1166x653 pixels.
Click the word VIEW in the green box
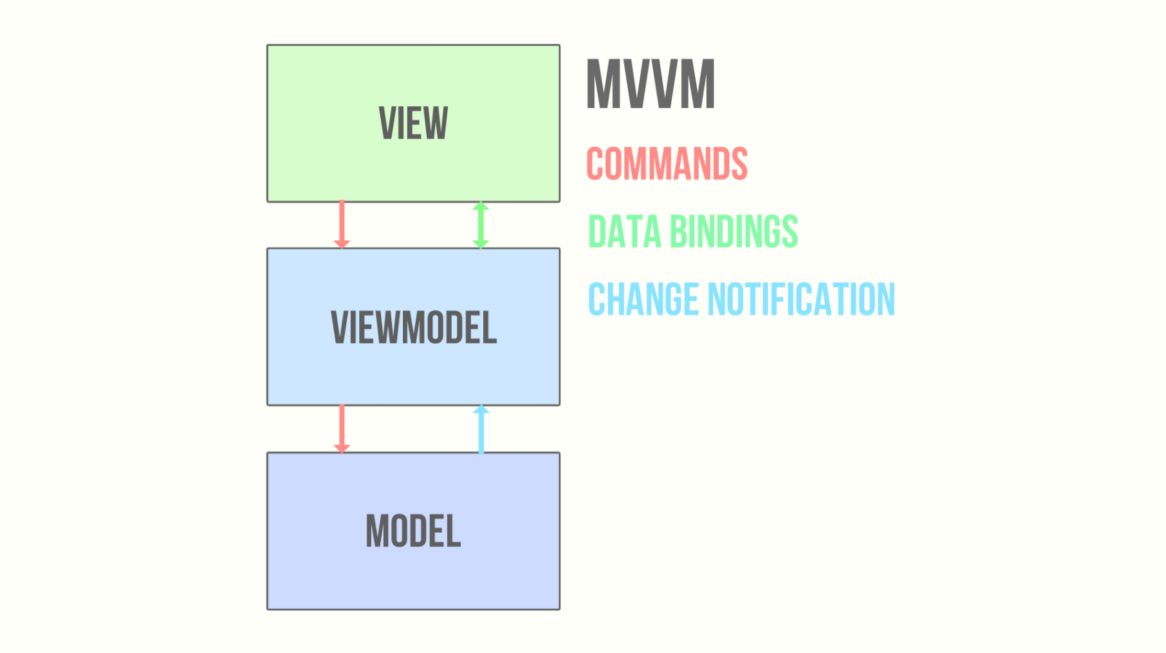pos(413,122)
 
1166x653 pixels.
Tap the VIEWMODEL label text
pos(414,327)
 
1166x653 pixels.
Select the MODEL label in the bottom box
pos(413,531)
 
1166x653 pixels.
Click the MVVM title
pos(651,84)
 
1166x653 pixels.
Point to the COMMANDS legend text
pos(667,163)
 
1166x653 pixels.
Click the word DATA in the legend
pos(625,231)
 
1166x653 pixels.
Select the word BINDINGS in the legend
pos(734,231)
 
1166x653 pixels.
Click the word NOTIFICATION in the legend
pos(801,299)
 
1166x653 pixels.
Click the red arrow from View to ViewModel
pos(342,225)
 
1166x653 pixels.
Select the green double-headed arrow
pos(481,225)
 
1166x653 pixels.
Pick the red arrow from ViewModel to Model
pos(342,429)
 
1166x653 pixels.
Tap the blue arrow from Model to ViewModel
pos(481,429)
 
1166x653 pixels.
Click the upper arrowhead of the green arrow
pos(481,205)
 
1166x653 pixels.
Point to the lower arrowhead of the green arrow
pos(481,245)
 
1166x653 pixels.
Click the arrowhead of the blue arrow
pos(481,410)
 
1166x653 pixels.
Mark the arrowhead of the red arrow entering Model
pos(342,449)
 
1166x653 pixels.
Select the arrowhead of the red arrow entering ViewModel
pos(342,245)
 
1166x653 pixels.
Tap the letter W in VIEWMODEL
pos(385,327)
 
